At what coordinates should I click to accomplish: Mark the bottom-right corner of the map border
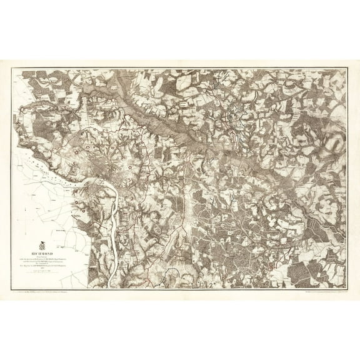(347, 288)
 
